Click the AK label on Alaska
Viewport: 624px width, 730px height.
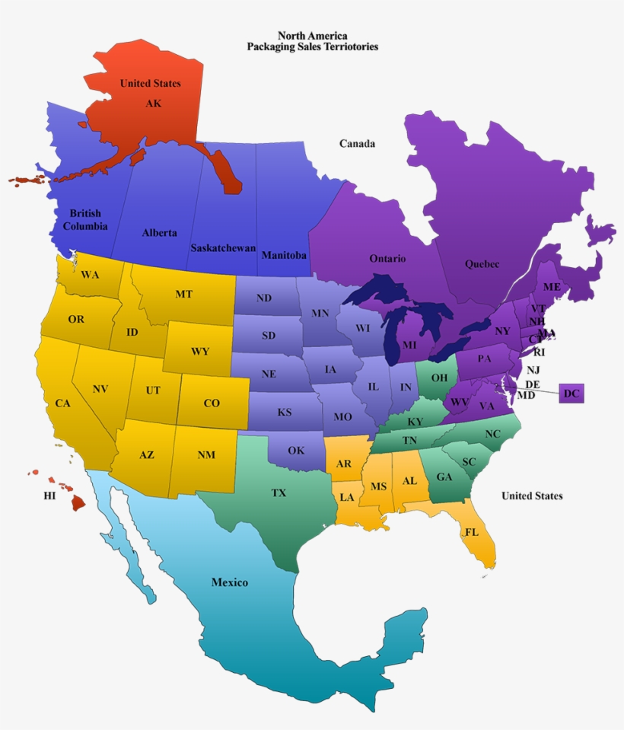[x=153, y=104]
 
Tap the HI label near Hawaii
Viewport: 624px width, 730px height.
[x=49, y=496]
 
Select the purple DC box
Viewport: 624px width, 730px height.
[x=571, y=394]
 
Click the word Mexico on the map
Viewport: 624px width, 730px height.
[x=230, y=582]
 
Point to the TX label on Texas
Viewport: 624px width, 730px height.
[x=279, y=493]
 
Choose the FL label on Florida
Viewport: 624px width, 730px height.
[x=472, y=532]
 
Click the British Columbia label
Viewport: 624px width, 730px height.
[x=85, y=220]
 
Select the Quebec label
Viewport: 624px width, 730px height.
[x=482, y=264]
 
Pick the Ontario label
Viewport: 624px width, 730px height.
[x=387, y=259]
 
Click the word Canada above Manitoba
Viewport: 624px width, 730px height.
[x=357, y=143]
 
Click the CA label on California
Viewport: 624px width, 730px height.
[x=62, y=403]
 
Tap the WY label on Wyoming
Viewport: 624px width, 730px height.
[x=200, y=352]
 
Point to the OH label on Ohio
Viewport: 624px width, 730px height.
[x=439, y=377]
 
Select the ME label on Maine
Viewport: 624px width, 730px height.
[x=552, y=287]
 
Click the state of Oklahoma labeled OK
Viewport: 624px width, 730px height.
[x=296, y=451]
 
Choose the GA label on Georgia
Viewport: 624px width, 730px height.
[x=444, y=477]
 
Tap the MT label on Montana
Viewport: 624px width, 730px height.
[x=183, y=294]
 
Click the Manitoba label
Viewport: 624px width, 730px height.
[x=284, y=256]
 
